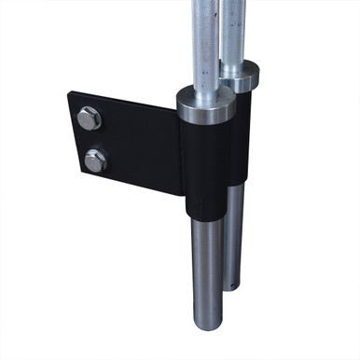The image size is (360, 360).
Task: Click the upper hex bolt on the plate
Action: [90, 118]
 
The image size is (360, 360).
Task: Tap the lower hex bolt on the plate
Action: [95, 160]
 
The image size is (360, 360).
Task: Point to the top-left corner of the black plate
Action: [68, 92]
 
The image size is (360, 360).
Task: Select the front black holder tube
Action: [205, 168]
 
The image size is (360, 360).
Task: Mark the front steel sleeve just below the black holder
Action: [207, 242]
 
